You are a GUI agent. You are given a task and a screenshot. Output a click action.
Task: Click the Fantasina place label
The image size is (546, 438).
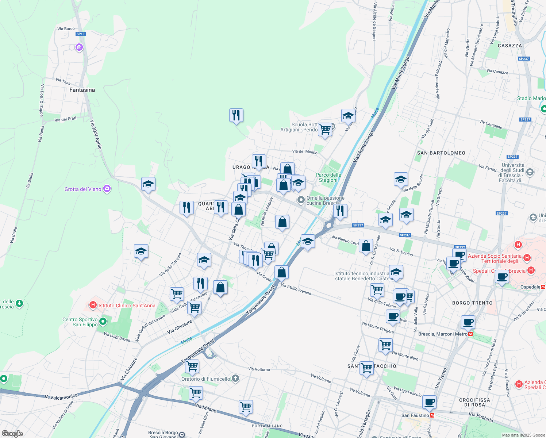coord(82,90)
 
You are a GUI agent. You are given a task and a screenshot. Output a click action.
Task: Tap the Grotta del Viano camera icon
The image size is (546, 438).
coord(107,189)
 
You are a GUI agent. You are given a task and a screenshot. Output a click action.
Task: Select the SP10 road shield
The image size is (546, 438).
coord(81,34)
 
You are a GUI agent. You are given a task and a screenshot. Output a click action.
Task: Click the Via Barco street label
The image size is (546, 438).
coord(66,28)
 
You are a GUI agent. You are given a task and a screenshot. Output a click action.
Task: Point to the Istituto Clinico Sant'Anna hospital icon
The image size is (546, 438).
coord(93,305)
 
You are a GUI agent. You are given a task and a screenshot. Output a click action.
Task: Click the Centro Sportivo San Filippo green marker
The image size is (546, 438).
coord(103,322)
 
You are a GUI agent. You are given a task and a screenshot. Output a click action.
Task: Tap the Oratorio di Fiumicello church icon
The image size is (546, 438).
coord(235,379)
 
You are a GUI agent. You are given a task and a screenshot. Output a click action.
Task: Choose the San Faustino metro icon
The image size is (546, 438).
coord(432,415)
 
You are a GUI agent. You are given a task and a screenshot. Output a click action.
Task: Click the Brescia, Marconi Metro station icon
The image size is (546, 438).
coord(471,334)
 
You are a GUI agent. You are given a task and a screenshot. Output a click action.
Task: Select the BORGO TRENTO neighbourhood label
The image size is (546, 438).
coord(472,303)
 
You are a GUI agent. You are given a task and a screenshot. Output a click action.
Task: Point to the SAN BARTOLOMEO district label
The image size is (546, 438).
coord(441,153)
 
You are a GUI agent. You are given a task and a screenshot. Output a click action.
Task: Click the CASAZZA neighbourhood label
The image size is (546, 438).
coord(510,46)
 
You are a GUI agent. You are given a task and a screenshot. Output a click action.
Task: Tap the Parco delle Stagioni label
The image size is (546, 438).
coord(328,177)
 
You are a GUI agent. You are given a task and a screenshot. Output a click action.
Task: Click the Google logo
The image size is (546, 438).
coord(12,433)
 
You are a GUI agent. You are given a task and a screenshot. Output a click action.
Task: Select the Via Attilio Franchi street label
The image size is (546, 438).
coord(296,289)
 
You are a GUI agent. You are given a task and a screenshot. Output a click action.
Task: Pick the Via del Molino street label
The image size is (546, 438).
coord(305,151)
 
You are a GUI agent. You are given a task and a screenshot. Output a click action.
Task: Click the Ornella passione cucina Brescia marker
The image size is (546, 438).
coord(301,200)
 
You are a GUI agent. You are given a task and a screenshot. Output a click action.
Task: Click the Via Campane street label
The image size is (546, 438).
coord(491,124)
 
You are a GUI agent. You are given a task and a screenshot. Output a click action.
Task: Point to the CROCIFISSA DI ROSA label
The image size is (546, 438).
coord(474,402)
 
